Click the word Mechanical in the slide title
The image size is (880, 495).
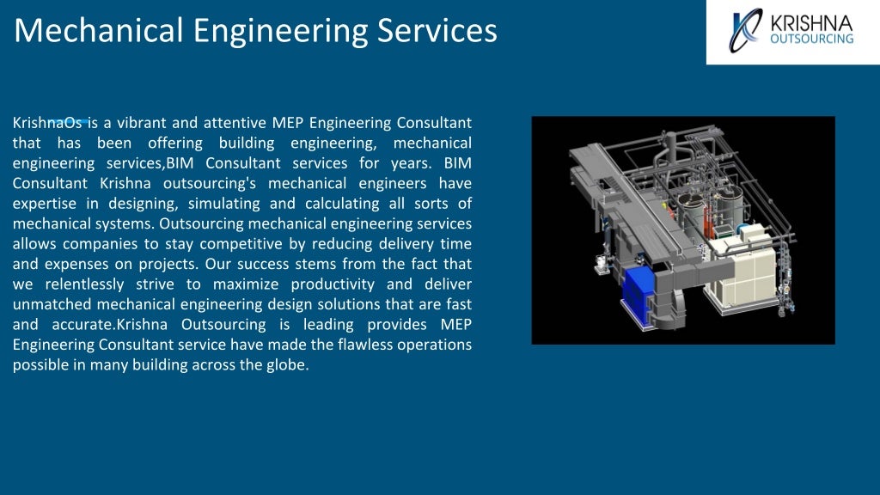click(x=100, y=30)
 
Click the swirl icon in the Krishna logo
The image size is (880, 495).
click(x=744, y=31)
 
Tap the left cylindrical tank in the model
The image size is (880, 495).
click(x=690, y=211)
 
